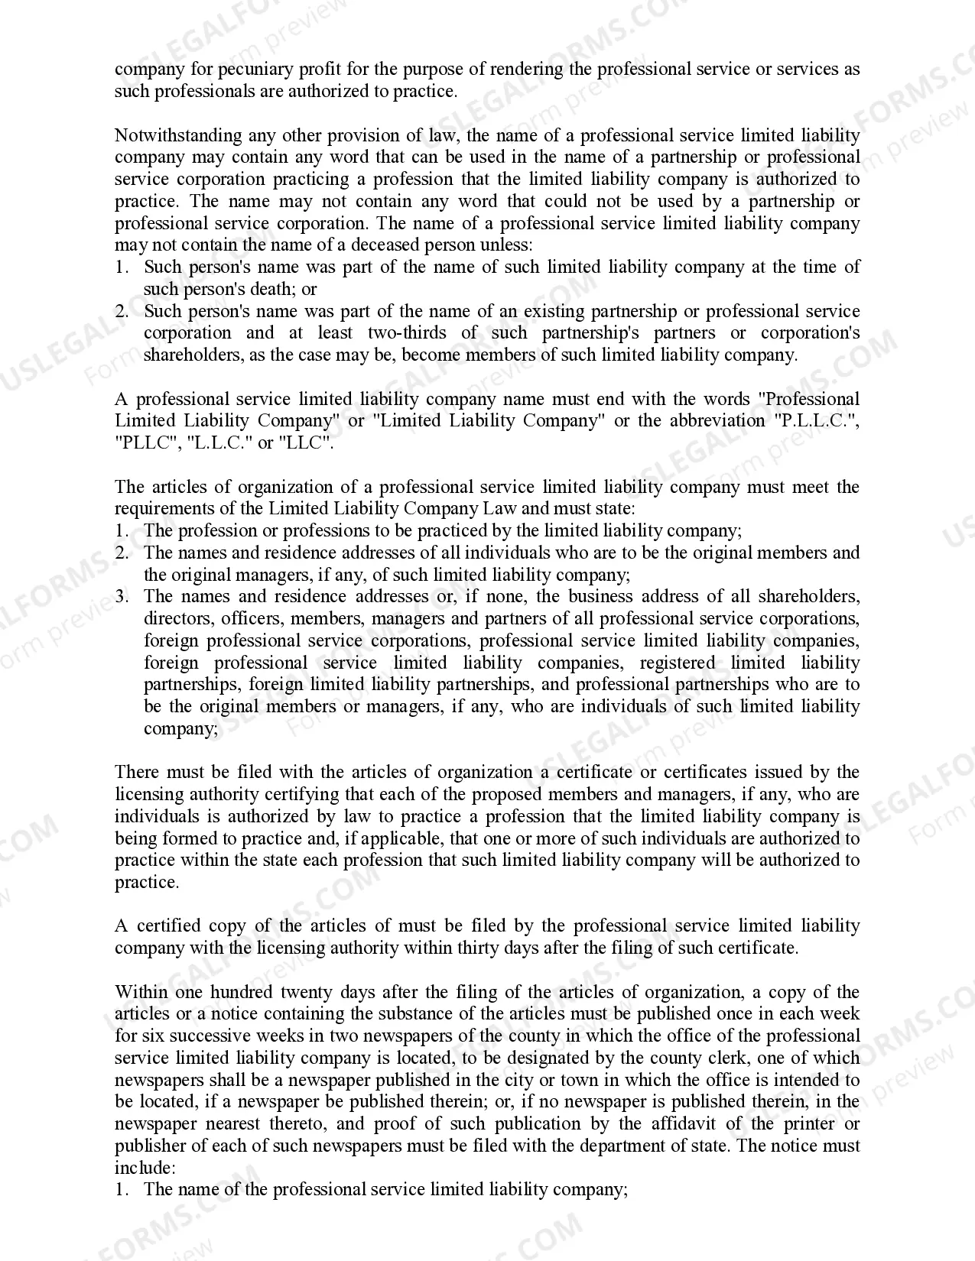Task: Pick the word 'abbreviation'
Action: (717, 421)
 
